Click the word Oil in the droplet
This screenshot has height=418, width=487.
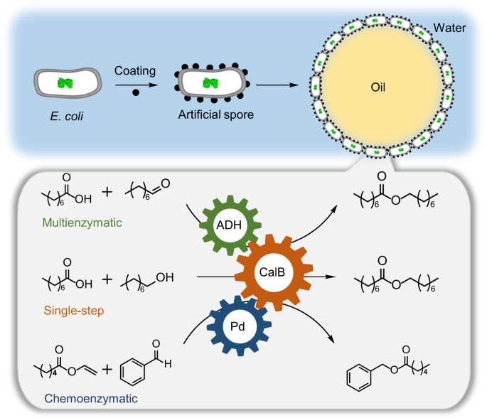tap(378, 87)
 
